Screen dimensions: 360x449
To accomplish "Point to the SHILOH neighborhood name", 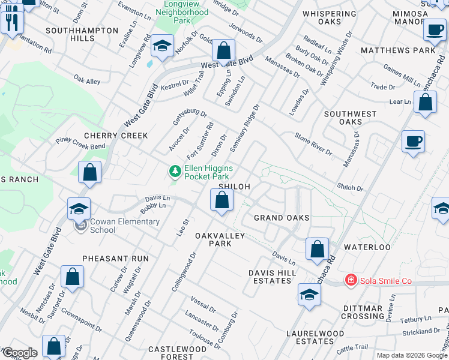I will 234,187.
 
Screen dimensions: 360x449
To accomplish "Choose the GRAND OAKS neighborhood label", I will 282,217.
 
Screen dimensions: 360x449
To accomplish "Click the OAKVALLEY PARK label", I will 220,240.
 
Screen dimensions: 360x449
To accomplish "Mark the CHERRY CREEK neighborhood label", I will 116,136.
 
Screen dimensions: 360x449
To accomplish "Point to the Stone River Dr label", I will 313,144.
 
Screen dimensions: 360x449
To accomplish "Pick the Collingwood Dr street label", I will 184,272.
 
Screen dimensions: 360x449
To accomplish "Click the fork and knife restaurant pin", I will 11,23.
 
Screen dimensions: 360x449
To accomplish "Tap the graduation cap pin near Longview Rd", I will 162,47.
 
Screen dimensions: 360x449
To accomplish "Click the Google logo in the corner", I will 19,353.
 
